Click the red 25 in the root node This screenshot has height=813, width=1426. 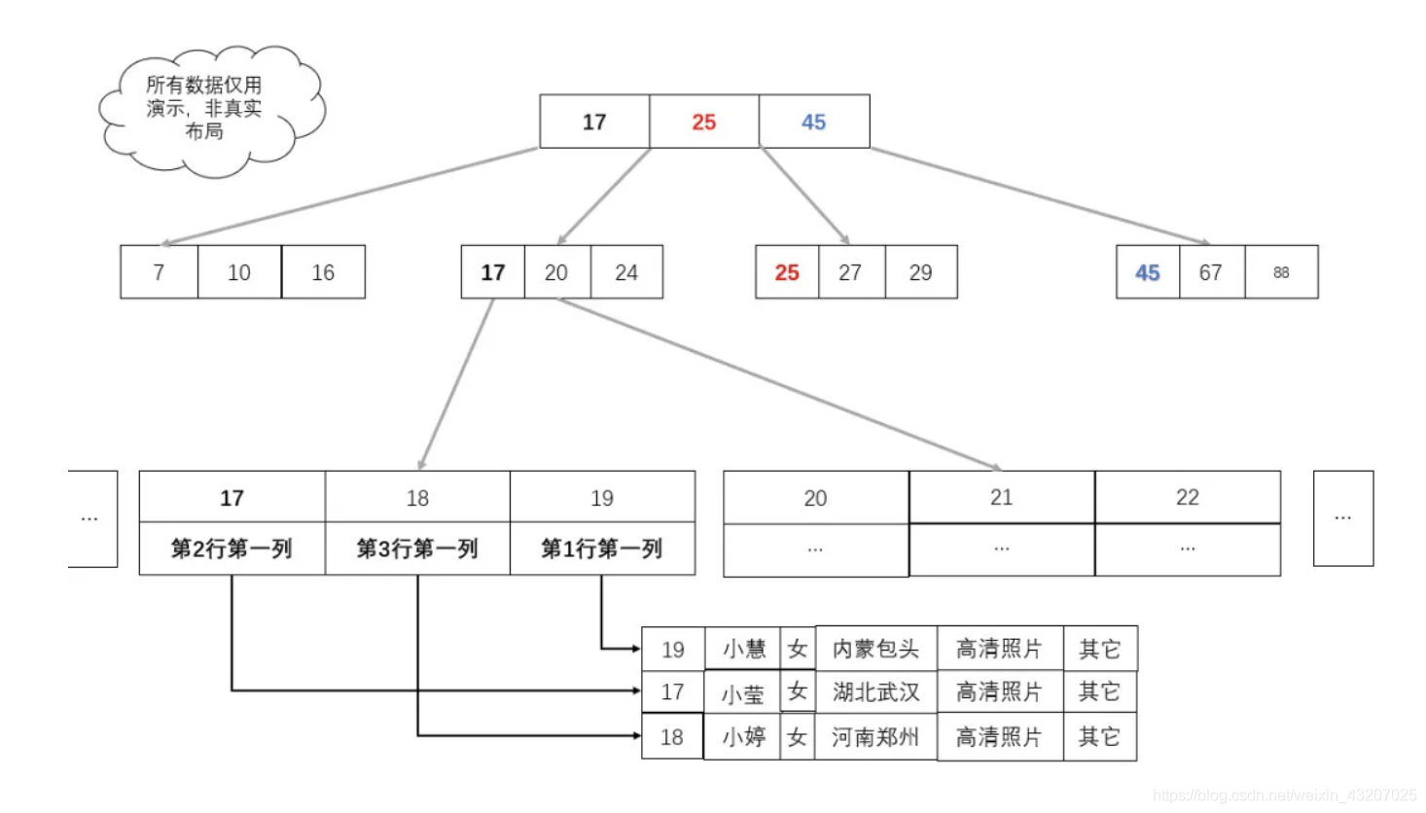[x=703, y=122]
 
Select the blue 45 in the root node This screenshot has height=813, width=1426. [x=813, y=122]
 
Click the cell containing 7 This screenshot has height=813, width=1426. [x=159, y=272]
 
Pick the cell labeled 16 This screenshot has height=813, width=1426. [x=323, y=272]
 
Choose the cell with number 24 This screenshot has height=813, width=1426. [x=626, y=272]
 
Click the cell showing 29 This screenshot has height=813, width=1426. [x=920, y=272]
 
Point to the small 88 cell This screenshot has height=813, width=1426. [x=1281, y=272]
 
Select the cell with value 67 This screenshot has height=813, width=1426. [x=1210, y=272]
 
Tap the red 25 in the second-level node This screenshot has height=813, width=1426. [x=787, y=272]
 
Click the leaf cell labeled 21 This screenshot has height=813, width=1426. [x=1001, y=497]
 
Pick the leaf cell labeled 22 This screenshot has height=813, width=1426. [x=1187, y=497]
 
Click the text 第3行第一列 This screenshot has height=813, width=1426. [x=417, y=548]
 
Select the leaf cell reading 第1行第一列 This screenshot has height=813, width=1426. [x=601, y=548]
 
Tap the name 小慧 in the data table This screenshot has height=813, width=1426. [x=743, y=649]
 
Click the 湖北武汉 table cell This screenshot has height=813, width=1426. [x=875, y=691]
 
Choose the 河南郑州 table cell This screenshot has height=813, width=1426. [x=874, y=737]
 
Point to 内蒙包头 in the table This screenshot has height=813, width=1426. [x=875, y=649]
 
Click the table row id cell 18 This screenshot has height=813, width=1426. [x=672, y=737]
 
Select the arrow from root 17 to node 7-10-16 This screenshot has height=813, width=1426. [x=350, y=195]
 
